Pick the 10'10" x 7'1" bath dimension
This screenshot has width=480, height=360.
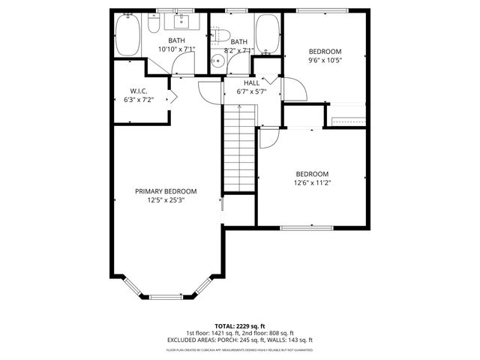176,49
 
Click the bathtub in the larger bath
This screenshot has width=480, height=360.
126,34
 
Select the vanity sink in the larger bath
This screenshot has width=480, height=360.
183,22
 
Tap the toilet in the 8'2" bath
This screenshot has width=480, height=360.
218,34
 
